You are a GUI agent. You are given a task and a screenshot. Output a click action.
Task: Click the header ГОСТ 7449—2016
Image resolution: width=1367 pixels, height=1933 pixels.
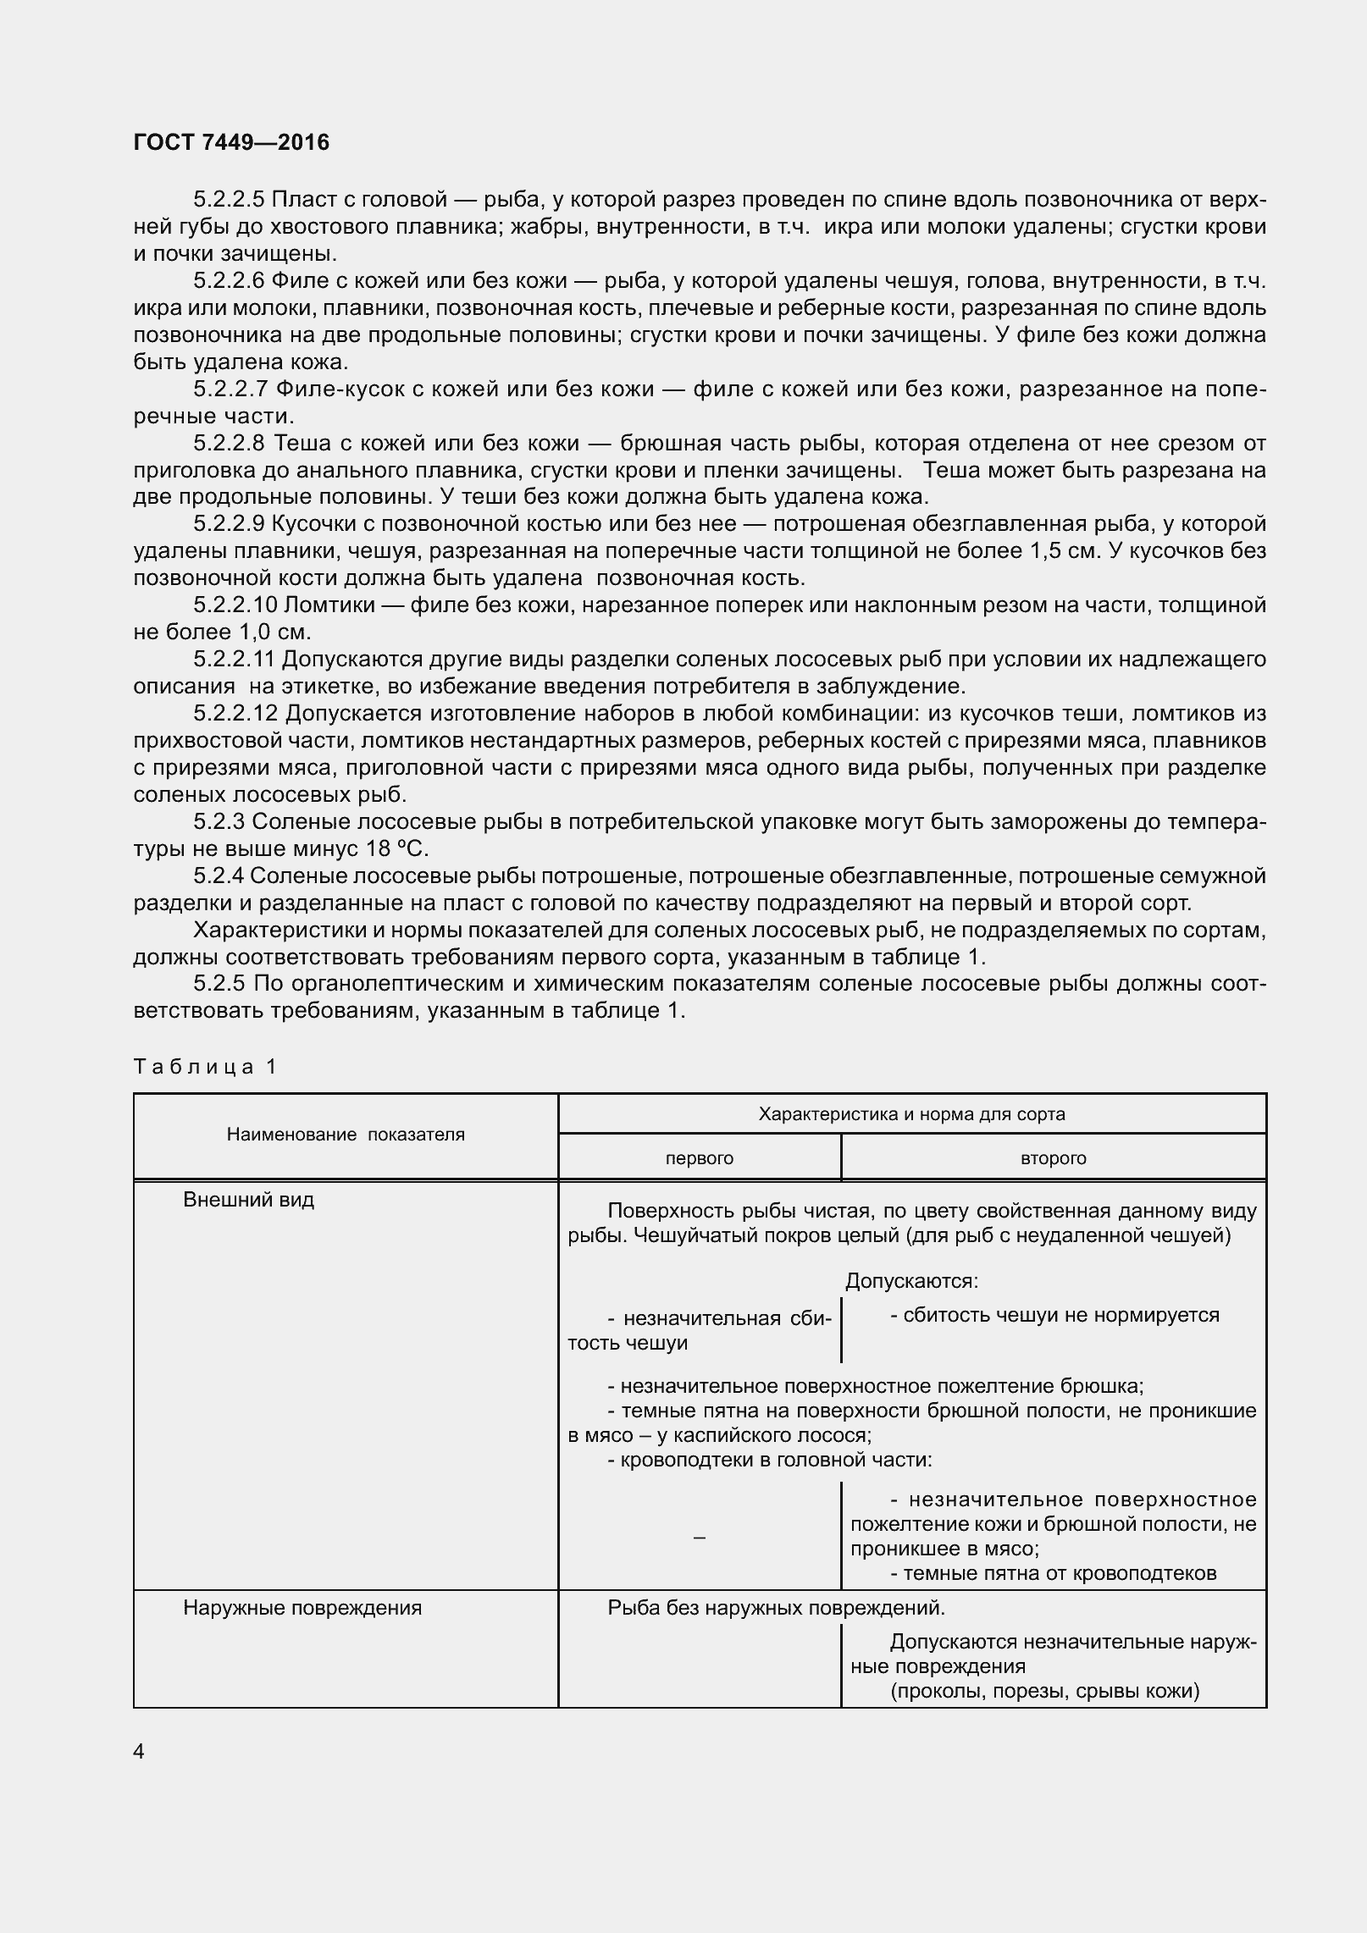point(231,142)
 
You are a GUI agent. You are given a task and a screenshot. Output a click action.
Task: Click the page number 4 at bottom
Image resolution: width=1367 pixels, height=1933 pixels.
point(139,1751)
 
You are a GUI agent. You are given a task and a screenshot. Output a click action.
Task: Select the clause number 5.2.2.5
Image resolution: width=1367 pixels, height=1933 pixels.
point(229,200)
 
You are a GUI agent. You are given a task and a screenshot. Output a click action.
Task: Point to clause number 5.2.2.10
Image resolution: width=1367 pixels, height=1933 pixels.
point(235,605)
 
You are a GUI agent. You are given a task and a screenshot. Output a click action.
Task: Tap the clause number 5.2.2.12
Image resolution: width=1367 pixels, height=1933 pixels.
point(235,714)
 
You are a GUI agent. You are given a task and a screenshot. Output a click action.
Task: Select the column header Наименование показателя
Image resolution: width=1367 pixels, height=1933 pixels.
point(346,1135)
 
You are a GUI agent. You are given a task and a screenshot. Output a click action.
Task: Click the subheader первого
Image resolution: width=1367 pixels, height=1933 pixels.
point(700,1157)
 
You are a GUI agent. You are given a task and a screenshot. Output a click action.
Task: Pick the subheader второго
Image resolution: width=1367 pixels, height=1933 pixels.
point(1054,1157)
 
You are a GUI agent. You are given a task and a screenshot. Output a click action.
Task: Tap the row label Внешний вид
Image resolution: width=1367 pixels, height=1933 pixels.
point(248,1200)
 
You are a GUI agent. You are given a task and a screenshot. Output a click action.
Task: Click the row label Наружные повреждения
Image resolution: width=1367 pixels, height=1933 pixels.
point(302,1608)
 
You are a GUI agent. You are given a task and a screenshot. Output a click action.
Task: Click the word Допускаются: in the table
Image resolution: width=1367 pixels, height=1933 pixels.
point(912,1282)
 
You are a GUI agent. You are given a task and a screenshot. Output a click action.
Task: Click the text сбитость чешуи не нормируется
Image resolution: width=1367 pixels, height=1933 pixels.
point(1054,1315)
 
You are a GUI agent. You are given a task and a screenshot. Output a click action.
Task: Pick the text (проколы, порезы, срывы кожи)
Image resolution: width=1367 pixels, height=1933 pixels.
point(1044,1692)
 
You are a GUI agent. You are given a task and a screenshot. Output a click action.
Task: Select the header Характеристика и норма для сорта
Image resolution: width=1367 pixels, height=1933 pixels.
point(911,1113)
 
